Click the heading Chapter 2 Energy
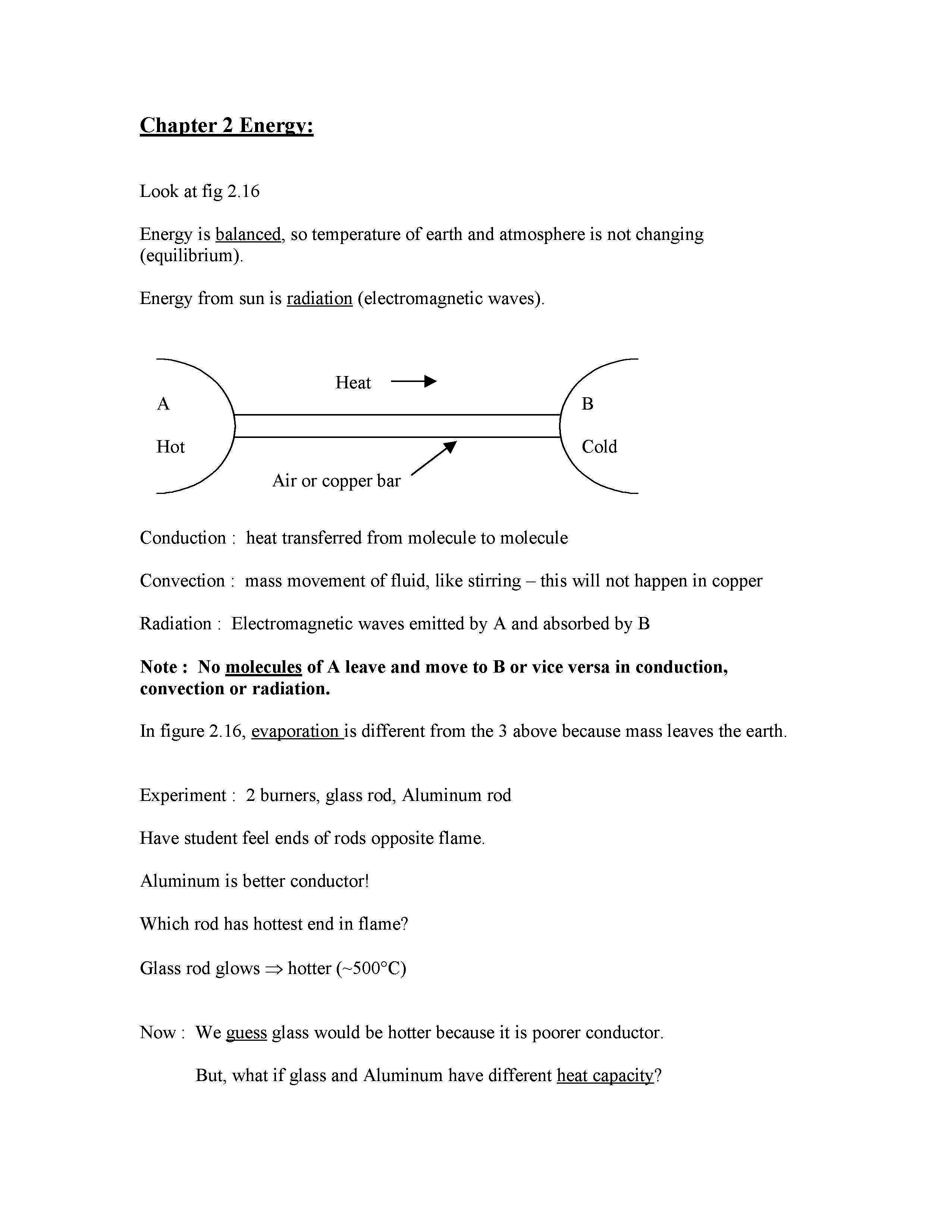coord(226,125)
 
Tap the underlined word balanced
coord(248,234)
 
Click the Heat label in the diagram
coord(353,383)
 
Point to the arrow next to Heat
coord(414,382)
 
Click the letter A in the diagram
coord(163,404)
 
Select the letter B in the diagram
coord(587,404)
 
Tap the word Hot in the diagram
coord(170,447)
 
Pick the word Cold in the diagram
coord(599,447)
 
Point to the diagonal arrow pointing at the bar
coord(434,458)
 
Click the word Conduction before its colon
coord(182,538)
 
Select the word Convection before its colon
coord(182,580)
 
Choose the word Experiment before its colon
coord(182,795)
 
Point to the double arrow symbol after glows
coord(273,969)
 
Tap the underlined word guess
coord(246,1033)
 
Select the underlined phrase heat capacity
coord(605,1075)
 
